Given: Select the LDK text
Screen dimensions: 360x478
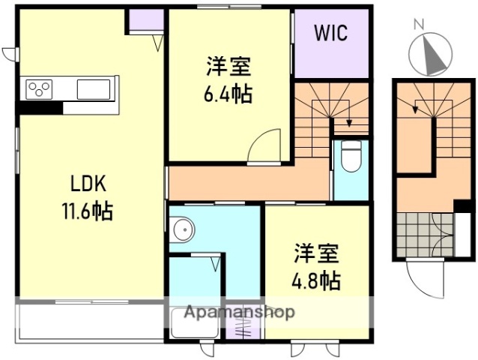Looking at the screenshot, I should (x=89, y=184).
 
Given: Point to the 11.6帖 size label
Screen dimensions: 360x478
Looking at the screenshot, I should (x=88, y=211).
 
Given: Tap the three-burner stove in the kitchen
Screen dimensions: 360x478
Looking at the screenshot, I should (x=40, y=90).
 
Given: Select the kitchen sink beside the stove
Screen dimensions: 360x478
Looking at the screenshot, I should (x=93, y=90).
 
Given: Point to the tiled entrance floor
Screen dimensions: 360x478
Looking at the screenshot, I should (x=420, y=233).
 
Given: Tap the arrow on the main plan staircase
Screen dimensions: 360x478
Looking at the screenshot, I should (x=347, y=121).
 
